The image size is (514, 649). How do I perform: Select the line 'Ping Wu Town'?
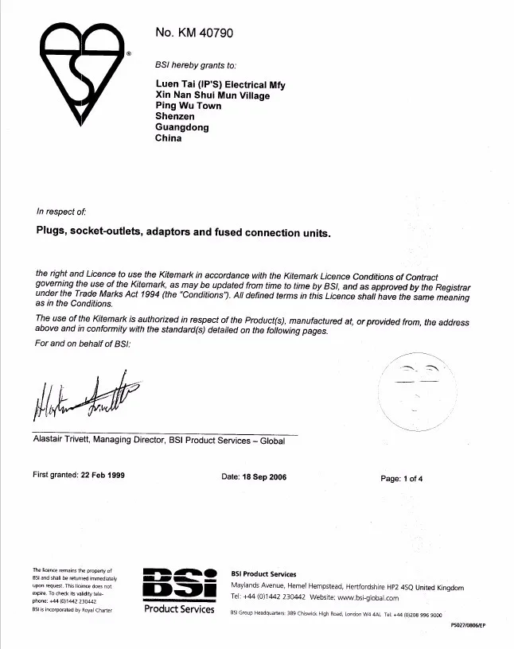pos(189,106)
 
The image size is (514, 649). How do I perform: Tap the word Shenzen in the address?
pos(175,117)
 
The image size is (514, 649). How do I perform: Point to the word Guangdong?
pos(182,127)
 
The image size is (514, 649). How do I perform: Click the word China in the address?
pos(169,138)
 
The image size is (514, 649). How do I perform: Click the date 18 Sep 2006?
pos(266,477)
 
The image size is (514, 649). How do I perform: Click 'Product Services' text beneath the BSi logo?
pos(179,610)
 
